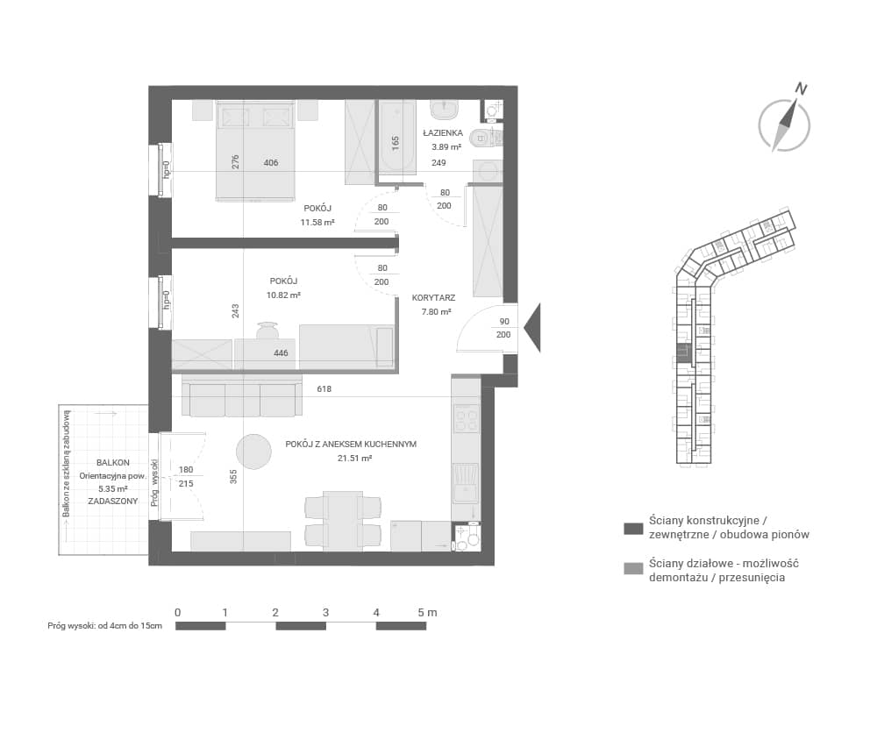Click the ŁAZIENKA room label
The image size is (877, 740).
pos(443,133)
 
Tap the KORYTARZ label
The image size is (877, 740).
pos(433,298)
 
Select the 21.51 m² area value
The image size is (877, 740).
pos(354,458)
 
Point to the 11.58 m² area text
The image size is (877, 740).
pos(317,222)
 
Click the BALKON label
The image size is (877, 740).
pos(113,463)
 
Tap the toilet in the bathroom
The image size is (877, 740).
pos(486,137)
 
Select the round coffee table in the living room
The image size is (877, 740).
pos(254,452)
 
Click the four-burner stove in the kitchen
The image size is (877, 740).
pos(466,418)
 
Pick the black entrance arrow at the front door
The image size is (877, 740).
pos(532,327)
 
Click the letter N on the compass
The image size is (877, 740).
pos(802,89)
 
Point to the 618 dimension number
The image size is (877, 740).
pos(324,388)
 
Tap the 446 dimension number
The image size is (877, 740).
pos(281,353)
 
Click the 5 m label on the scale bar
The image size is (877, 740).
pos(427,613)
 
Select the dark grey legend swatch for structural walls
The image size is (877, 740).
pos(633,529)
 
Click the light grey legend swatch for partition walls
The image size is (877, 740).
pos(633,569)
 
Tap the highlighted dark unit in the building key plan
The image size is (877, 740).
pos(683,353)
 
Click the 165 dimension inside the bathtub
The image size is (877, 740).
pos(396,144)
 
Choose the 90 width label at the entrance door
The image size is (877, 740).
pos(504,322)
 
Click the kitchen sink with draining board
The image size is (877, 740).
pos(466,483)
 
